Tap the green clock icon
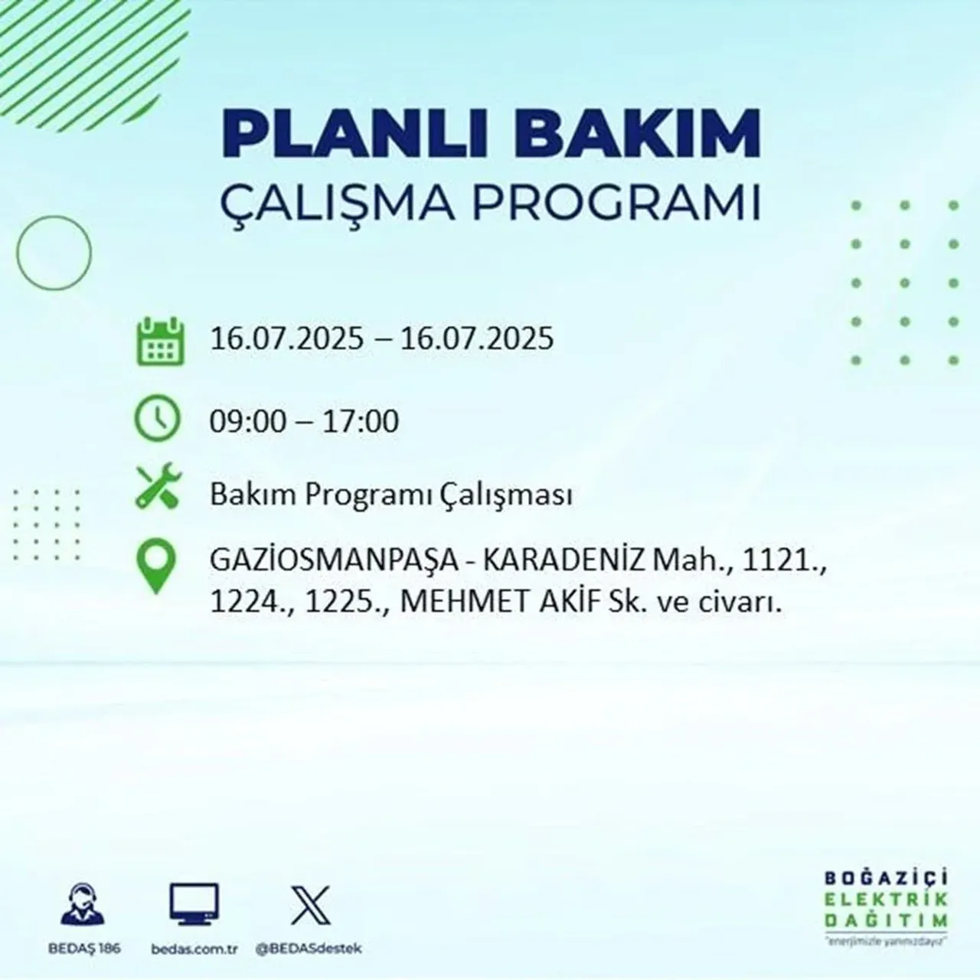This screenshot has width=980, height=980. [158, 420]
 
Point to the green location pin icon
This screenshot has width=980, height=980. [155, 567]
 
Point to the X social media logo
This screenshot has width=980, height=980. [311, 906]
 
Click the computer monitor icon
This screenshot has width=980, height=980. [194, 906]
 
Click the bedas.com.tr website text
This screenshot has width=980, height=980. [194, 949]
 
